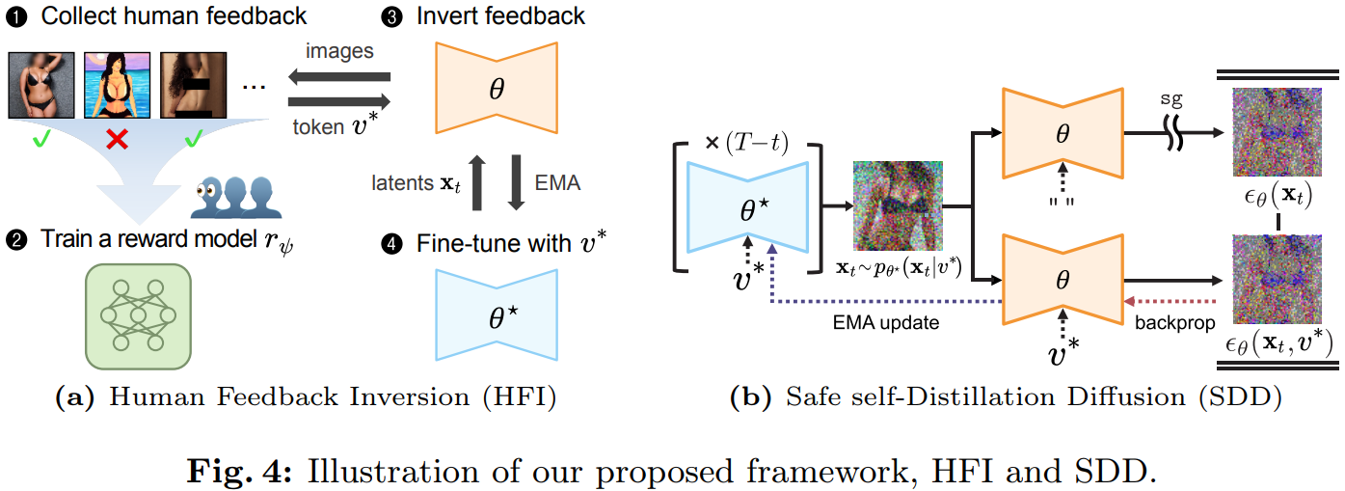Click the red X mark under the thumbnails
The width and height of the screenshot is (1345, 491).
click(117, 140)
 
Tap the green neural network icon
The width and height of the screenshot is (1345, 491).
click(138, 316)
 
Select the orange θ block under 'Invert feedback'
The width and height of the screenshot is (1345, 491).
click(497, 88)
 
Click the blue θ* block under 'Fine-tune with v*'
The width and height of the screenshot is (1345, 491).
click(497, 314)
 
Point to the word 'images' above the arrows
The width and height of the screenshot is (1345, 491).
click(339, 52)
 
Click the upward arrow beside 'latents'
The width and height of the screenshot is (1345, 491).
click(477, 182)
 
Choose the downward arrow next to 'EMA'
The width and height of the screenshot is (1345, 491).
click(517, 182)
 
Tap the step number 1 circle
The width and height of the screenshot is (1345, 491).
click(16, 16)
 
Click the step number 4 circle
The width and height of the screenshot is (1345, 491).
click(392, 244)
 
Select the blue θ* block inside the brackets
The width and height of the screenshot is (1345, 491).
click(747, 207)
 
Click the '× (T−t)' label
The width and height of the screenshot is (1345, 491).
click(746, 143)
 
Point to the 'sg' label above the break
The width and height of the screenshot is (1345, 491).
click(1170, 99)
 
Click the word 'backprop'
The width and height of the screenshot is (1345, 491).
click(1174, 323)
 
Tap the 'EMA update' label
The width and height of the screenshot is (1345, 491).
click(886, 323)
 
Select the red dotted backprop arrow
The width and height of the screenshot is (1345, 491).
click(1170, 301)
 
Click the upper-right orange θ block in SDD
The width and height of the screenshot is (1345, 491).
click(1063, 133)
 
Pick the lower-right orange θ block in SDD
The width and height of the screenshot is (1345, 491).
click(1063, 280)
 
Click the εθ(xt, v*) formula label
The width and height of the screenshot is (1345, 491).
click(1278, 343)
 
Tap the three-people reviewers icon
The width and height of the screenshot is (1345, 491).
click(235, 197)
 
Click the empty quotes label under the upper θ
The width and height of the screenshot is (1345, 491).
click(1062, 202)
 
